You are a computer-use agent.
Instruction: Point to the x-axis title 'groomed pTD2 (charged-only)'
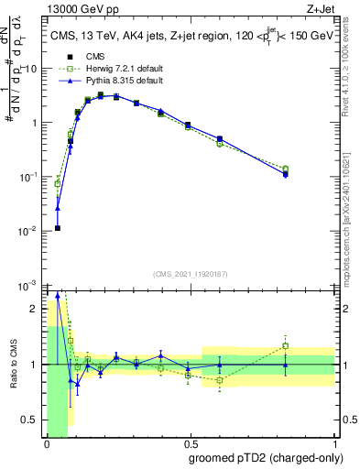[265, 457]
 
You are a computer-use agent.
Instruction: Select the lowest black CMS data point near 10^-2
[58, 228]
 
